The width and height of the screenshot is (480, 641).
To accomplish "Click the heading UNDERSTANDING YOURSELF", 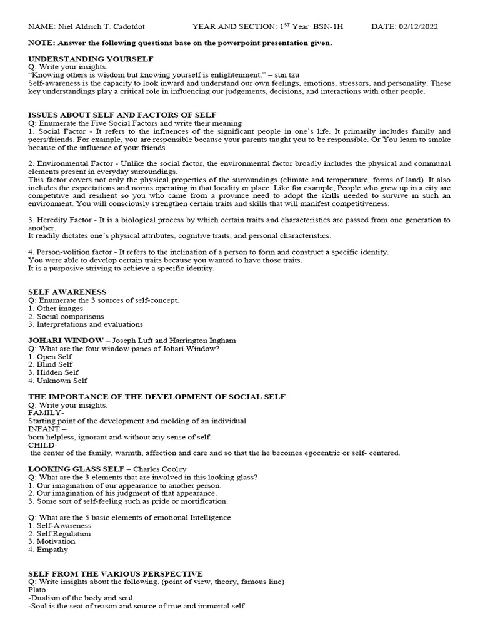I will (91, 58).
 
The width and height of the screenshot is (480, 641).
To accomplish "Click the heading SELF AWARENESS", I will (67, 292).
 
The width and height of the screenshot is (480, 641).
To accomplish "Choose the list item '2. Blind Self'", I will (51, 364).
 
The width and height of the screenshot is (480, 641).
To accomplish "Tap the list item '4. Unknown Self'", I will (58, 380).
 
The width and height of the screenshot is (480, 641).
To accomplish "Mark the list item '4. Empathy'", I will (49, 550).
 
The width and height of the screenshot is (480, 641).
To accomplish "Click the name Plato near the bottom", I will (37, 590).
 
